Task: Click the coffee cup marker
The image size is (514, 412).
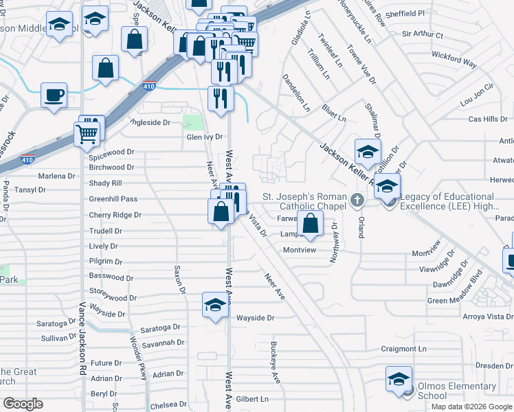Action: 54,94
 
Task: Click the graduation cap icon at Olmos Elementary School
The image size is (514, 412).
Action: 399,379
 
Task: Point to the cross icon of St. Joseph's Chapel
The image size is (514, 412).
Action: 356,201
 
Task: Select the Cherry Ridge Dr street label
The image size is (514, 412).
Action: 115,215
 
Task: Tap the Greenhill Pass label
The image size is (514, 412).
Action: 113,199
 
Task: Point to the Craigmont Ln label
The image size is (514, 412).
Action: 403,349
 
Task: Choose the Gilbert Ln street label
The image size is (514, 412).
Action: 252,399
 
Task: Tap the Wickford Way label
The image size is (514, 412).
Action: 460,63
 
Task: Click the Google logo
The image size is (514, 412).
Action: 23,403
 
